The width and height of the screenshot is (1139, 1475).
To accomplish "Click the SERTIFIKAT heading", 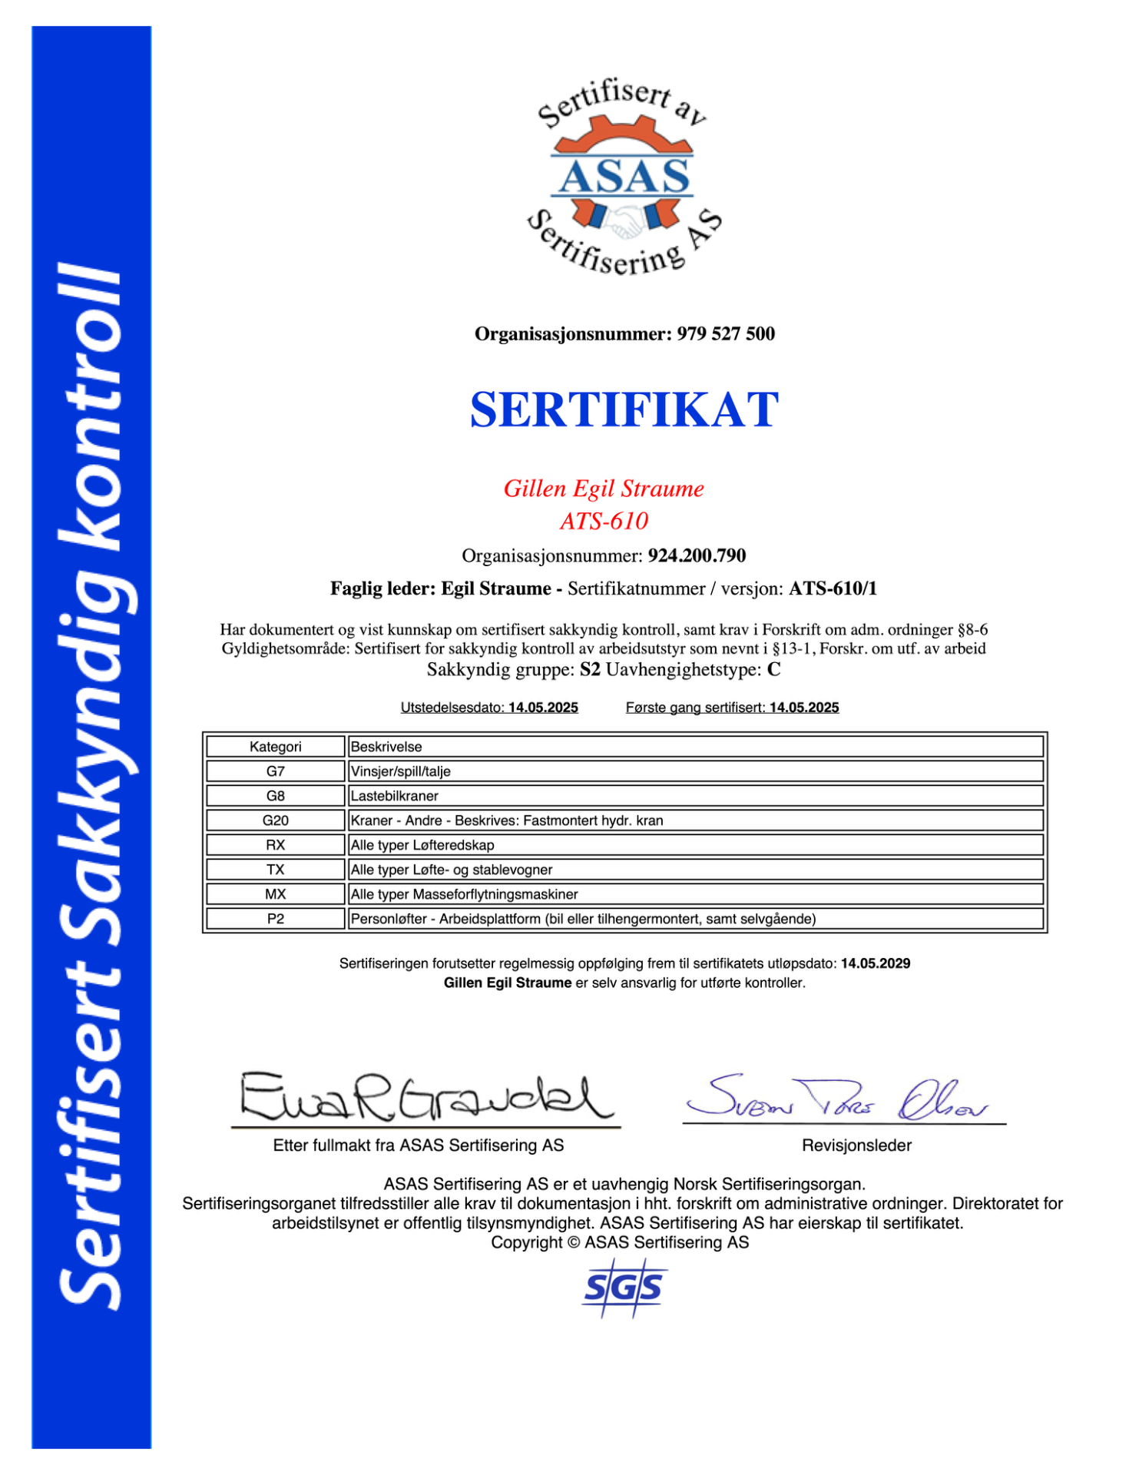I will point(624,409).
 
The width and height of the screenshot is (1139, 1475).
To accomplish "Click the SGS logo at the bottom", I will point(623,1287).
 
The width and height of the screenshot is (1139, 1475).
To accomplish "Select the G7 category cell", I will point(275,771).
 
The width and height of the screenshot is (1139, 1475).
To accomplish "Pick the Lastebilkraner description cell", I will point(695,796).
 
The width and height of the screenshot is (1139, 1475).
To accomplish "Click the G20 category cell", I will point(275,820).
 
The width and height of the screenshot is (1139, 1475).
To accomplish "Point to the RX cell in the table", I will point(275,845).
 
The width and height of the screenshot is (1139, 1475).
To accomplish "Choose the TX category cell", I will point(275,870).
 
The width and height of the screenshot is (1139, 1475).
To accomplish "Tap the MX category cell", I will point(275,894).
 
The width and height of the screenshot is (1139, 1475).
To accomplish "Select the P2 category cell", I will point(275,919).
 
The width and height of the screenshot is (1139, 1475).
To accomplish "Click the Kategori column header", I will point(275,747).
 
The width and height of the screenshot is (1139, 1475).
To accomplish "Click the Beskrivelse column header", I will point(695,747).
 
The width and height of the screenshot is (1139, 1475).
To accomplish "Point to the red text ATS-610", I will point(604,521).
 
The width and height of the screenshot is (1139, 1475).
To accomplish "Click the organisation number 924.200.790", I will point(697,555).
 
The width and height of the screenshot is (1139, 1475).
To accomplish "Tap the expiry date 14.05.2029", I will point(876,963).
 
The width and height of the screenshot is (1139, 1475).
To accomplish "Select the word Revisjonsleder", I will point(856,1145).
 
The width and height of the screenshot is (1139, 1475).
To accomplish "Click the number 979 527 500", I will point(726,334).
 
